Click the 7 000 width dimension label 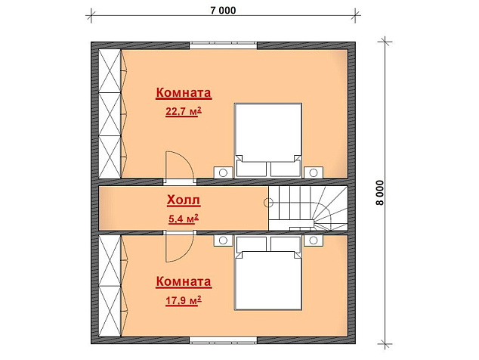click(x=223, y=11)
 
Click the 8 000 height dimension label click(x=380, y=193)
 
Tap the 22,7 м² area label click(x=184, y=111)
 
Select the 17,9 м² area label click(x=184, y=300)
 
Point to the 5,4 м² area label click(x=184, y=219)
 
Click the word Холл click(x=184, y=200)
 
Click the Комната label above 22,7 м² click(x=184, y=92)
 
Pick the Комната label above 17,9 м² click(x=184, y=281)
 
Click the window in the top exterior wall click(x=223, y=45)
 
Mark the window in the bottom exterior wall click(x=223, y=340)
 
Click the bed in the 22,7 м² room click(x=268, y=141)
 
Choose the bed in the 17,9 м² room click(x=268, y=273)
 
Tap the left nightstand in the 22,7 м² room click(x=223, y=172)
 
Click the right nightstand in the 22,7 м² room click(x=313, y=172)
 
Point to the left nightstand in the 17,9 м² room click(x=223, y=241)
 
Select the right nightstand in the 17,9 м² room click(x=313, y=241)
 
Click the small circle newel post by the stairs click(x=268, y=202)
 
